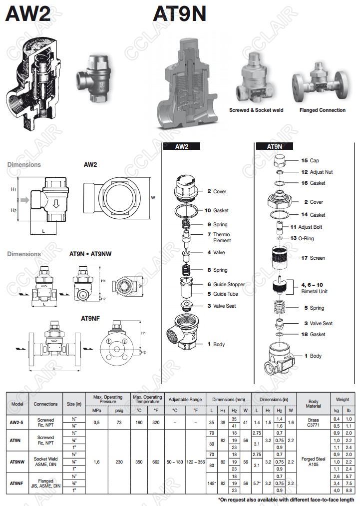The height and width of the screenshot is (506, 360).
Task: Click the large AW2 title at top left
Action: (28, 14)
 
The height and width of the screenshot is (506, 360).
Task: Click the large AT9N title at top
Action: (179, 14)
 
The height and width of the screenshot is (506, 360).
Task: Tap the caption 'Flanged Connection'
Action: (322, 110)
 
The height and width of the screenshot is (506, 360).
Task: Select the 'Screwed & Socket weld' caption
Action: (256, 110)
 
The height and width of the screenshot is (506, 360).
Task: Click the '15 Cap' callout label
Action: (310, 161)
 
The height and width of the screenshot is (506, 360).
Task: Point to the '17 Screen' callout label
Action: (313, 258)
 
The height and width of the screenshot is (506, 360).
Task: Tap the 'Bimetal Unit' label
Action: (314, 291)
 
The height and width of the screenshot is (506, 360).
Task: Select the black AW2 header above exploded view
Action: (182, 146)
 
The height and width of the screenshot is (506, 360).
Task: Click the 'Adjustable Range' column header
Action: (185, 401)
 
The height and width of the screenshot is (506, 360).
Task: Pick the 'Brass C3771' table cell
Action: (313, 423)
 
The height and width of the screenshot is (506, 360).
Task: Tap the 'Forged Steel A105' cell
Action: (313, 462)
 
